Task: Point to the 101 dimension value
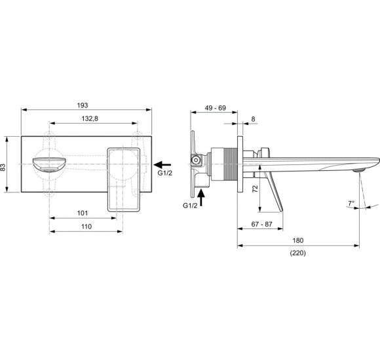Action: (82, 213)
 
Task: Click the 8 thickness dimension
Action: (254, 119)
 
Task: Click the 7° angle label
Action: (351, 202)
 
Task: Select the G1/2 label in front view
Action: (166, 174)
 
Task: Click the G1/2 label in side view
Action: (190, 206)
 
